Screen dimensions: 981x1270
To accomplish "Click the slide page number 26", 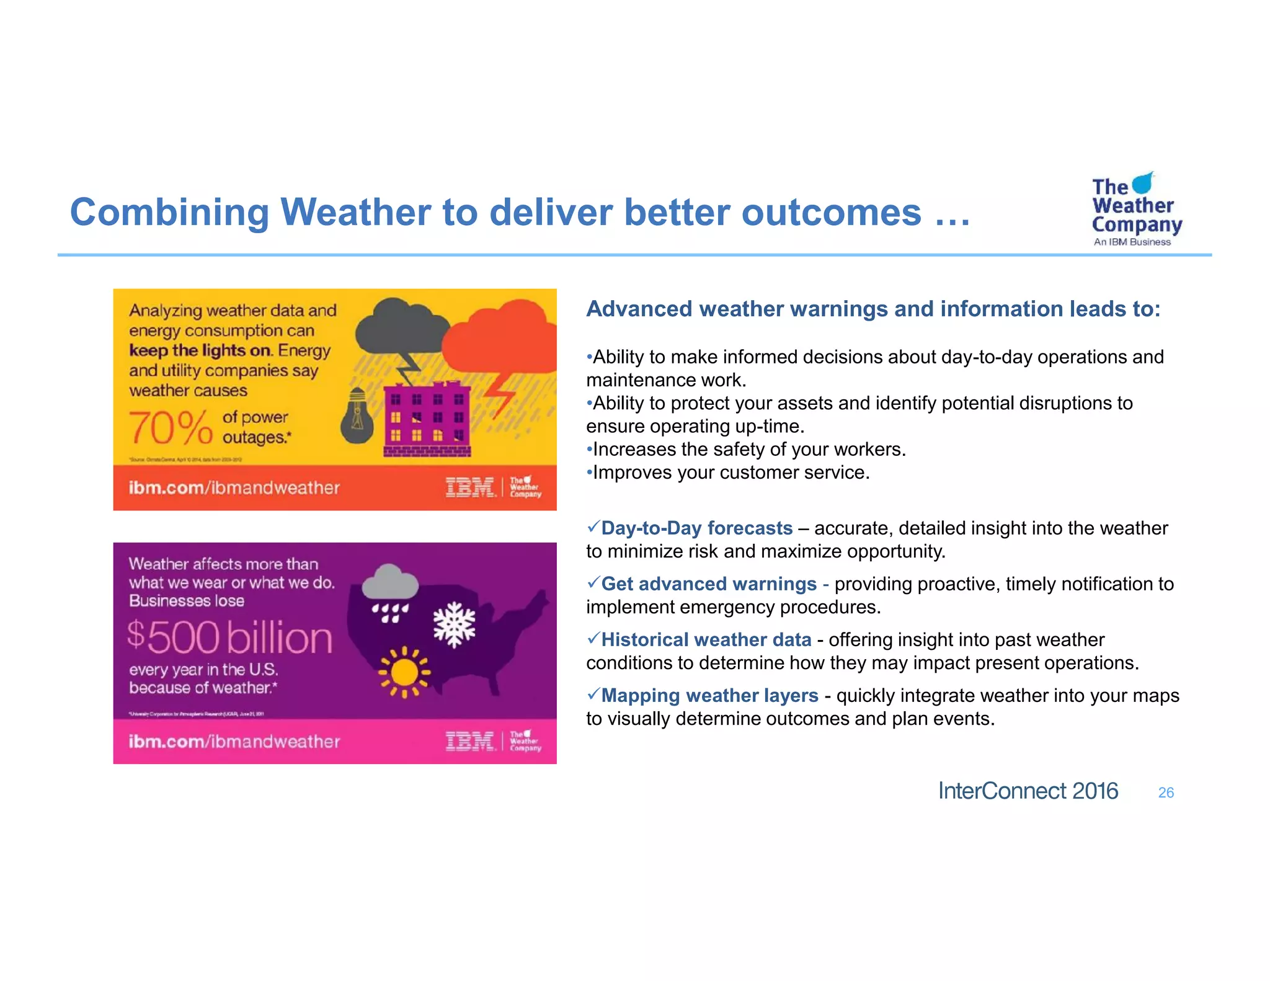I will click(x=1166, y=792).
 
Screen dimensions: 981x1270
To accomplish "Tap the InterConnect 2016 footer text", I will click(x=1028, y=791).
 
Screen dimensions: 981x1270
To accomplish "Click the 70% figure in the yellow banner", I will click(x=171, y=428).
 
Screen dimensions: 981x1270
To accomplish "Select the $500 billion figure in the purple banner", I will click(x=230, y=637).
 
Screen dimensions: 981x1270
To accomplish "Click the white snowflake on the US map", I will click(x=454, y=624).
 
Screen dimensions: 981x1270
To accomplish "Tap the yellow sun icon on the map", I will click(x=404, y=672).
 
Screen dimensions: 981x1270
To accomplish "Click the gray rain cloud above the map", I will click(x=389, y=583).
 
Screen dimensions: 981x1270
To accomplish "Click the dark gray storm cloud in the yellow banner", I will click(x=402, y=328).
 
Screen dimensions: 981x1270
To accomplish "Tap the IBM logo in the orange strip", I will click(x=470, y=487).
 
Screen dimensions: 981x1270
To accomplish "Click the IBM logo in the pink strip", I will click(x=470, y=741).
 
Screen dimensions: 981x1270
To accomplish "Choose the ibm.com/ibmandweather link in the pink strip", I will click(x=234, y=742).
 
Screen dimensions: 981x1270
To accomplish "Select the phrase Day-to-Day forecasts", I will click(x=696, y=528).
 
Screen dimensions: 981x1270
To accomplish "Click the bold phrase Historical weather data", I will click(x=706, y=640).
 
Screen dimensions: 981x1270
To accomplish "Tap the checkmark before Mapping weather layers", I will click(x=593, y=693).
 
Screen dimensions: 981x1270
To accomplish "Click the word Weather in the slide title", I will click(x=355, y=212).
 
